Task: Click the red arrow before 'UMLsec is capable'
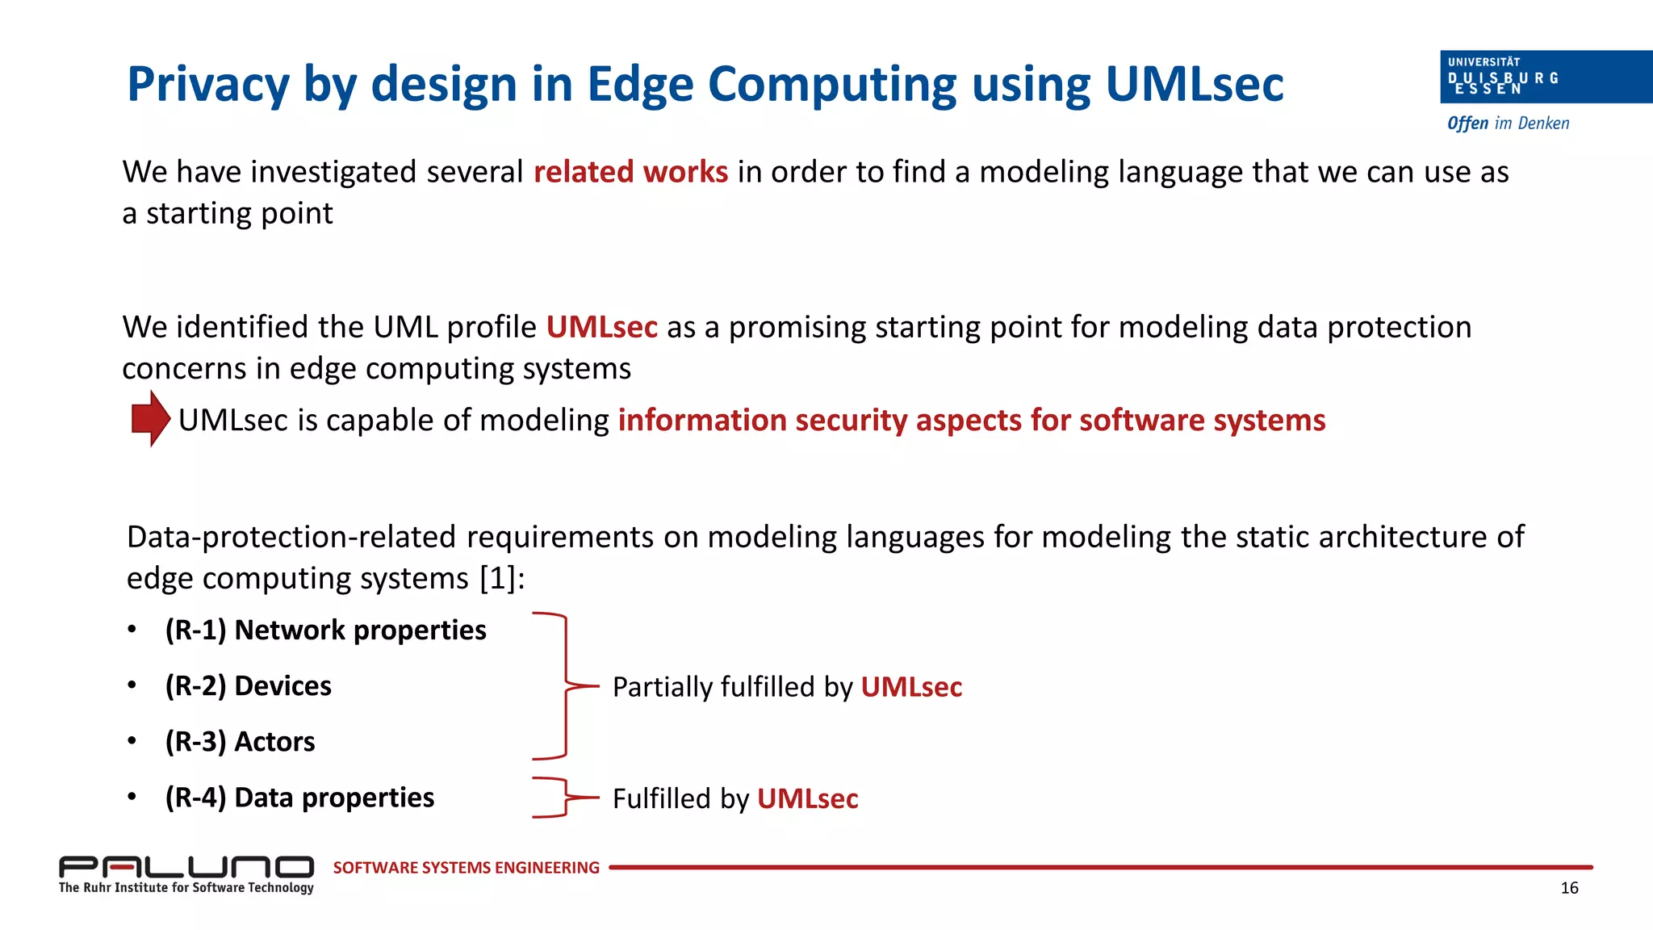150,418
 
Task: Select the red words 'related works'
630,172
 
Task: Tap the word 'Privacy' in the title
208,85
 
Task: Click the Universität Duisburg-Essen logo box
1545,77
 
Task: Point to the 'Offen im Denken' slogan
1508,124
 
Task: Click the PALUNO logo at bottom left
186,867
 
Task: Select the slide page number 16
1569,888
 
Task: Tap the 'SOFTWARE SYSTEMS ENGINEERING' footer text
466,868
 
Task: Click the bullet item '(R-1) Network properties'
325,630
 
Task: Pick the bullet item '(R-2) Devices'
248,685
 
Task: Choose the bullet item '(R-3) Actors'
240,741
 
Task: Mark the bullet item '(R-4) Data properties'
299,798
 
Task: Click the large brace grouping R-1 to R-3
565,686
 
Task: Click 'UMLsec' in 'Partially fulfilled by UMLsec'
911,687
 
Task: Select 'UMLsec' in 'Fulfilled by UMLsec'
807,798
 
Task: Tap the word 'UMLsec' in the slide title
1194,85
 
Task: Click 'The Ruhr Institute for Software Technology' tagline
186,888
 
